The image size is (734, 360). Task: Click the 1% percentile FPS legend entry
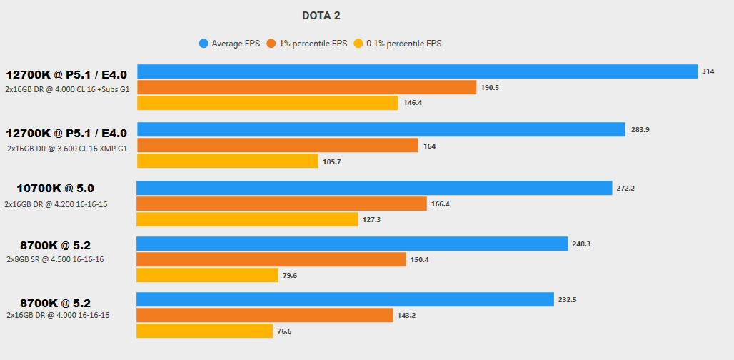coord(307,44)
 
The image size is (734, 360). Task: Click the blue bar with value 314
coord(417,71)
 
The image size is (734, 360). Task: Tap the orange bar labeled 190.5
coord(306,87)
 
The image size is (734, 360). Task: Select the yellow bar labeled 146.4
coord(267,103)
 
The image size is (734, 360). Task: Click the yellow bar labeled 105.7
coord(227,161)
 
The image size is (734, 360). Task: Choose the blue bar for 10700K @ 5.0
coord(374,188)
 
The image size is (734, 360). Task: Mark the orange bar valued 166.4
coord(281,204)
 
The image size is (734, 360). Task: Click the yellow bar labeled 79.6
coord(207,275)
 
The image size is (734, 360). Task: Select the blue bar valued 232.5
coord(345,299)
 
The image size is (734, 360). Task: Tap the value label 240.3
coord(581,244)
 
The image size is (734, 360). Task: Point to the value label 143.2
coord(407,315)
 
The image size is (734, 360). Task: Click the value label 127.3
coord(372,219)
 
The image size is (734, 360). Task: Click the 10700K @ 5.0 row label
coord(56,189)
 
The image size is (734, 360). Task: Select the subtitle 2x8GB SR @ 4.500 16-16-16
coord(55,259)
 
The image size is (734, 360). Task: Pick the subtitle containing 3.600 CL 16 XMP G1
coord(67,149)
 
